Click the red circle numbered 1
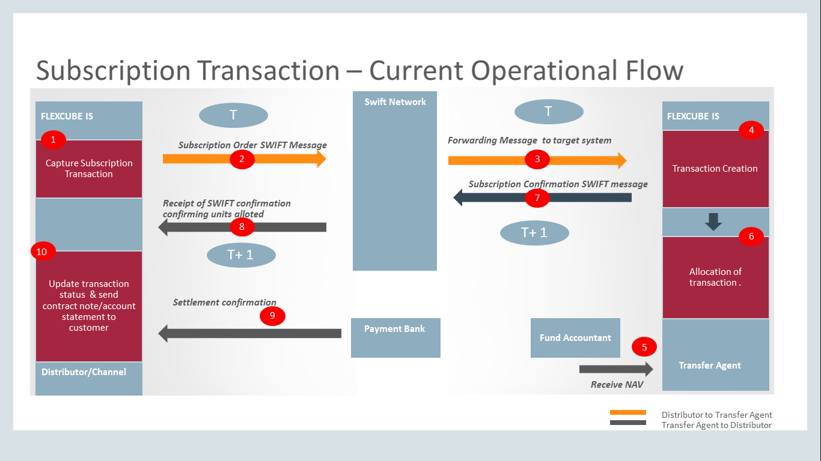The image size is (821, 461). pyautogui.click(x=53, y=139)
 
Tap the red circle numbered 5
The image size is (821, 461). pyautogui.click(x=644, y=347)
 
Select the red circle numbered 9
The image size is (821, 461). pyautogui.click(x=272, y=316)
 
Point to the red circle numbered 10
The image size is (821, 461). pyautogui.click(x=43, y=251)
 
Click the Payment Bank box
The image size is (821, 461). pyautogui.click(x=395, y=337)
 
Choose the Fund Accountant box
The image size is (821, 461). pyautogui.click(x=575, y=337)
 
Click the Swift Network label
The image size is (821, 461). pyautogui.click(x=395, y=102)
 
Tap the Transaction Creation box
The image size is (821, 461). pyautogui.click(x=715, y=169)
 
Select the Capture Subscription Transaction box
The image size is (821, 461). pyautogui.click(x=89, y=169)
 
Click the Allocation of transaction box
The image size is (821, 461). pyautogui.click(x=715, y=277)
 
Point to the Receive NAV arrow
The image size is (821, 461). pyautogui.click(x=616, y=369)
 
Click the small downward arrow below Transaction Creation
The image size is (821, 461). pyautogui.click(x=713, y=221)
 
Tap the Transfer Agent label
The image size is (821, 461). pyautogui.click(x=710, y=366)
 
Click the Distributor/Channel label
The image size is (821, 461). pyautogui.click(x=84, y=372)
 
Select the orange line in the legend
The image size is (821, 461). pyautogui.click(x=628, y=412)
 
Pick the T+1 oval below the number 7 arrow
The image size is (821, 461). pyautogui.click(x=534, y=232)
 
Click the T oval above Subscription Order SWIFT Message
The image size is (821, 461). pyautogui.click(x=233, y=115)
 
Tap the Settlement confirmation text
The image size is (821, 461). pyautogui.click(x=224, y=302)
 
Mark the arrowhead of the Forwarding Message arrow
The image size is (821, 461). pyautogui.click(x=622, y=160)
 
